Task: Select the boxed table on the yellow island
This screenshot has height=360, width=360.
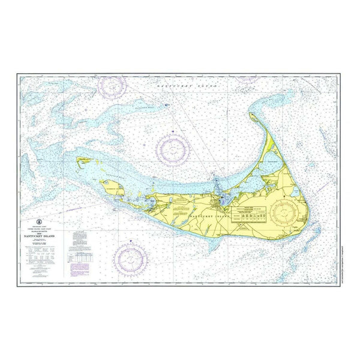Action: click(250, 214)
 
